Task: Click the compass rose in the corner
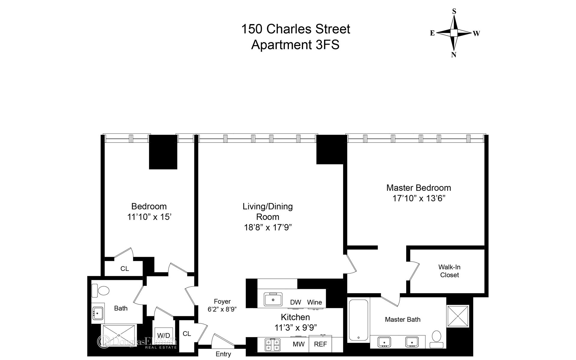(x=454, y=33)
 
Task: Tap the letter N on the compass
(x=454, y=55)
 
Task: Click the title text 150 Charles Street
(x=295, y=29)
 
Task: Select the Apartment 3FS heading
(x=295, y=45)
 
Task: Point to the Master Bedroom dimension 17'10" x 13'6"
(x=418, y=198)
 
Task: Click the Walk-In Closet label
(x=449, y=271)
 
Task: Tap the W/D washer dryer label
(x=163, y=335)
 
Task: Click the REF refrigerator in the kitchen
(x=320, y=344)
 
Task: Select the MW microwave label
(x=298, y=344)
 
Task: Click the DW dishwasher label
(x=295, y=302)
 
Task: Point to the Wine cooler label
(x=314, y=302)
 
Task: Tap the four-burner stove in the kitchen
(x=272, y=344)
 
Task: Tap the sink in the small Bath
(x=98, y=313)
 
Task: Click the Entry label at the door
(x=223, y=354)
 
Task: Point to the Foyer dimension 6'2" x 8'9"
(x=222, y=309)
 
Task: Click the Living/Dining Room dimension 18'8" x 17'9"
(x=268, y=227)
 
